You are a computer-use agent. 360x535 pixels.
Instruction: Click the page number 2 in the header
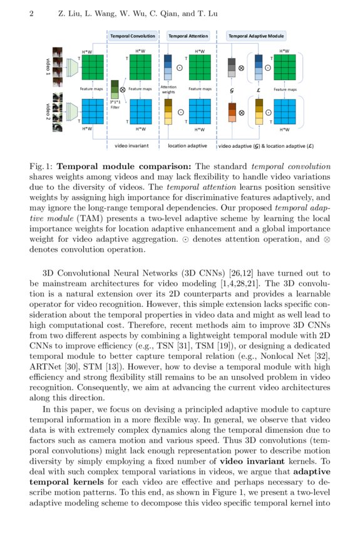tap(31, 13)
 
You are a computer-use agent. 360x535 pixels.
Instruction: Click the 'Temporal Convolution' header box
tap(133, 36)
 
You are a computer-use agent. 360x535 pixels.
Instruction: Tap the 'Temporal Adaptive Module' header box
tap(255, 36)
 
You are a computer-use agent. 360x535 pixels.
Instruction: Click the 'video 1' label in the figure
tap(48, 65)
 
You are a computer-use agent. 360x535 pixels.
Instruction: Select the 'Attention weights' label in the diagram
tap(168, 89)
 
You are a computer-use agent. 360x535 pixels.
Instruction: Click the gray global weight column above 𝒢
tap(232, 66)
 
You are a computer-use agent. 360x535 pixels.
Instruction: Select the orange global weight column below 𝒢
tap(232, 113)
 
